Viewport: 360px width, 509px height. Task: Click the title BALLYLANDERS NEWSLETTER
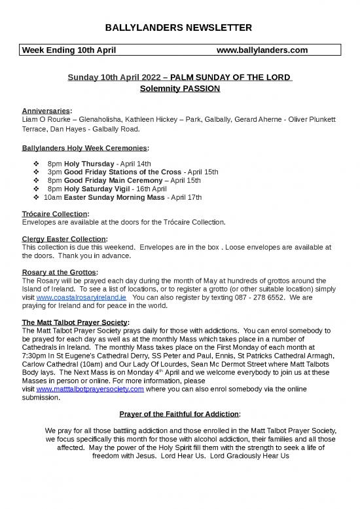180,28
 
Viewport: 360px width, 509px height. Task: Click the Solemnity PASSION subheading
180,88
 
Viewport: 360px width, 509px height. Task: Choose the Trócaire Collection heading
56,213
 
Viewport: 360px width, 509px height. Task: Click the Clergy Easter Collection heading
65,238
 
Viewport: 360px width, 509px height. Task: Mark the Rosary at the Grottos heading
60,272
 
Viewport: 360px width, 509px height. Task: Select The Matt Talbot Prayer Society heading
75,322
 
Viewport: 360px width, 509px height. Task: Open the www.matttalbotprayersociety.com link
90,389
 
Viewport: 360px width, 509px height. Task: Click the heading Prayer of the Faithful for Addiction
180,414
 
